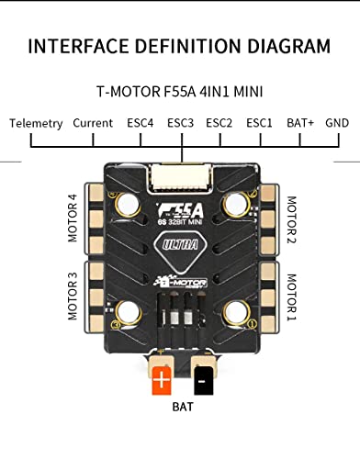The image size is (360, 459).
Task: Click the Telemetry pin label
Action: coord(37,123)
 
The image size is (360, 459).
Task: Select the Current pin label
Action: coord(93,123)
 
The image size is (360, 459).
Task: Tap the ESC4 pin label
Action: coord(140,123)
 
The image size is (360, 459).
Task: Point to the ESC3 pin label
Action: coord(180,123)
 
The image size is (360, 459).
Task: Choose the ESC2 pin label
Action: coord(219,123)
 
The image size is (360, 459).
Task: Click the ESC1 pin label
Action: coord(259,123)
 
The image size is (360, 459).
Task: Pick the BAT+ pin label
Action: coord(299,123)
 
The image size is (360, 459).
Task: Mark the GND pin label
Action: coord(337,123)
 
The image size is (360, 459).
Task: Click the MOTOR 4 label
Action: coord(73,218)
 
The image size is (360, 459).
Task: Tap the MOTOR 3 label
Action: coord(73,297)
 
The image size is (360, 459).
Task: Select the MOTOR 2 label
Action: coord(291,219)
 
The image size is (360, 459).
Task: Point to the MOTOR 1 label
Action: coord(291,297)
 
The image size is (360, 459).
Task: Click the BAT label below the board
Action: coord(184,405)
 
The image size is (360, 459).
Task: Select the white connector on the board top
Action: coord(181,167)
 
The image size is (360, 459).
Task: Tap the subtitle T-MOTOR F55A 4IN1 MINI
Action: coord(180,92)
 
